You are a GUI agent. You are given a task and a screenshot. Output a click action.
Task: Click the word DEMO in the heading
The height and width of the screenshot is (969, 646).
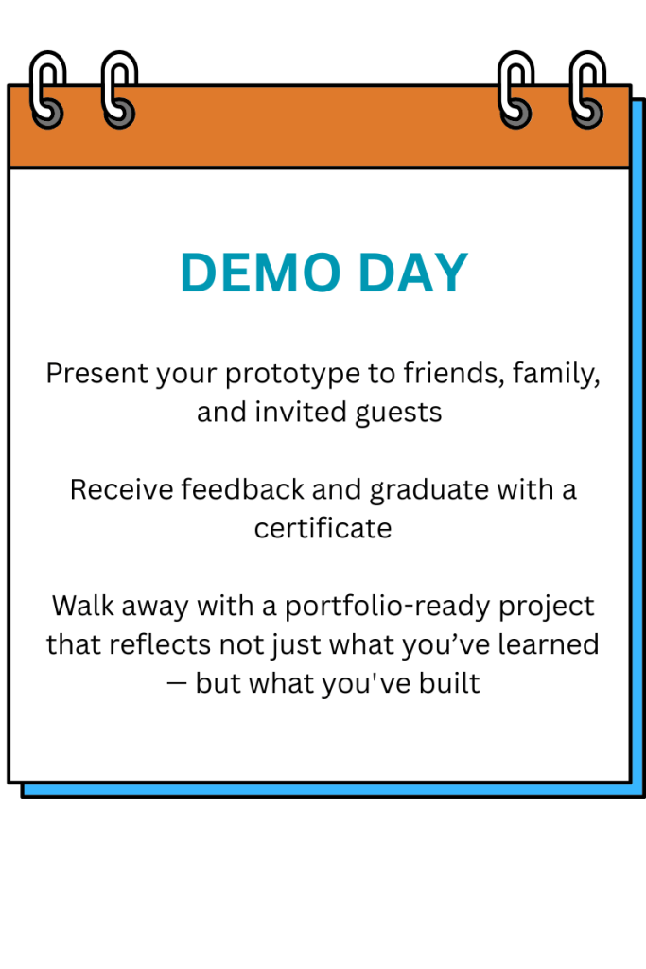[x=260, y=273]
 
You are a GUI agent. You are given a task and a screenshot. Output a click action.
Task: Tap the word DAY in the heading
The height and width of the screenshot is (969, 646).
[x=413, y=273]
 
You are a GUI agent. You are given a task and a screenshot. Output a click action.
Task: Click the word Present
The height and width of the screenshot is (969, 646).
[x=97, y=373]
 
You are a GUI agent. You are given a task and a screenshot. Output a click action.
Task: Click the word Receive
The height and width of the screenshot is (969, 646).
[x=122, y=489]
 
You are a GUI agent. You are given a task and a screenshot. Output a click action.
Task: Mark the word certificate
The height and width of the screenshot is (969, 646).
[x=323, y=528]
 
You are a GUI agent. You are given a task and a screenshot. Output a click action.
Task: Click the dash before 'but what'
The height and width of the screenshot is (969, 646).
[x=177, y=684]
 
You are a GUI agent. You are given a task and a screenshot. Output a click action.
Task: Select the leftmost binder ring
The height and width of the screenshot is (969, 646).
[x=47, y=90]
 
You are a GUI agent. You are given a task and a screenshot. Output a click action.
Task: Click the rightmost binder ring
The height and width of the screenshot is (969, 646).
[x=587, y=90]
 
